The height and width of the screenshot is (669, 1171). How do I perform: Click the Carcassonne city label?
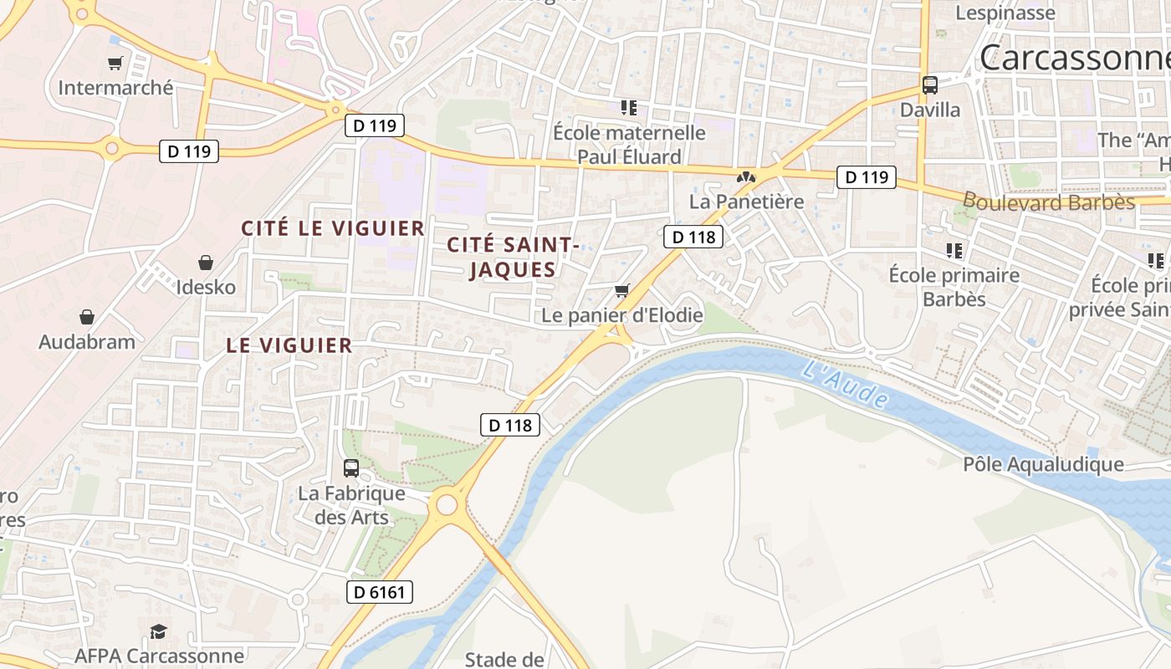click(x=1075, y=57)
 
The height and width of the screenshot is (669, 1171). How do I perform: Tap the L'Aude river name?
click(x=845, y=384)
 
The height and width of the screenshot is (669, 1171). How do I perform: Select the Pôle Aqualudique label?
click(x=1043, y=464)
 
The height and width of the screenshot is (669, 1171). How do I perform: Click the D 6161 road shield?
click(x=380, y=592)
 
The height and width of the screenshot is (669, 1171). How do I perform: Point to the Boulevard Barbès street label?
click(x=1048, y=202)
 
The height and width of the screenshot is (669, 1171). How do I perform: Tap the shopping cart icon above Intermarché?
click(x=115, y=64)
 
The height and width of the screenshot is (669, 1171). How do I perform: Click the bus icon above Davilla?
click(x=930, y=85)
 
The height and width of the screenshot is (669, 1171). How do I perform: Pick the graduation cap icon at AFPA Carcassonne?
click(x=158, y=631)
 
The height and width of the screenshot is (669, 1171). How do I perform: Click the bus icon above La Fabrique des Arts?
click(x=351, y=468)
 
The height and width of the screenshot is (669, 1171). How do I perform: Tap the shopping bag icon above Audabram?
click(x=87, y=317)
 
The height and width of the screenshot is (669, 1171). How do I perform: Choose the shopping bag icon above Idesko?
click(x=206, y=263)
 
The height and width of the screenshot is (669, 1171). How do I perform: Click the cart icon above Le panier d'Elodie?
click(x=621, y=290)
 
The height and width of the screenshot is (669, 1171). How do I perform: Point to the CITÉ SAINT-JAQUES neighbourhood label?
click(x=513, y=257)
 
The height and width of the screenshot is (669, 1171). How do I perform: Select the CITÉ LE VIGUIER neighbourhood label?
click(x=333, y=227)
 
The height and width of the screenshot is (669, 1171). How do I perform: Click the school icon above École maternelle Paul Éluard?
click(x=629, y=108)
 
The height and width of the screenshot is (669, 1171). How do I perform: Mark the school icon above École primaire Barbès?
click(x=954, y=250)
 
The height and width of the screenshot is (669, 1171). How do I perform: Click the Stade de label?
click(x=504, y=659)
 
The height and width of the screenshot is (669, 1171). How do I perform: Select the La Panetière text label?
click(x=746, y=202)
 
